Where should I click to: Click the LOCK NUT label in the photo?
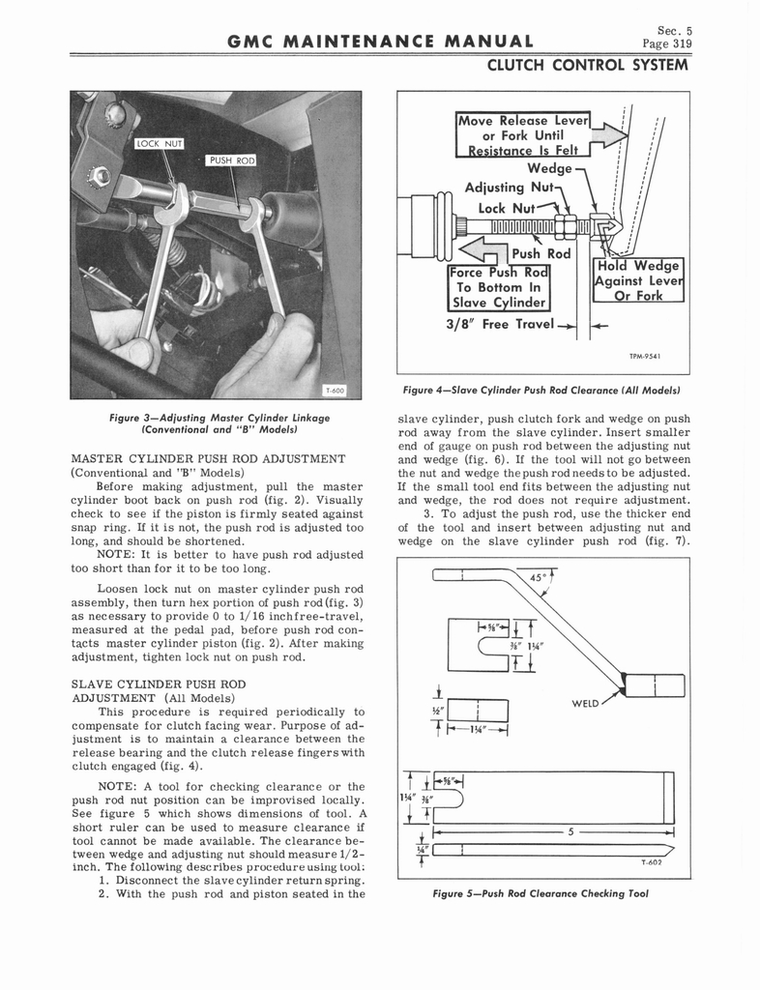click(160, 143)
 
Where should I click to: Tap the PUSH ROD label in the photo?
click(231, 160)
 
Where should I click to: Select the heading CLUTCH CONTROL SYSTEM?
click(587, 66)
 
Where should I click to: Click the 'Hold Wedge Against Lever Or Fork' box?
click(640, 280)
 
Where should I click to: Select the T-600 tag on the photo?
click(336, 389)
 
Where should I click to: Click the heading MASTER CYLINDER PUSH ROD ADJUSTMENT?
click(209, 457)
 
